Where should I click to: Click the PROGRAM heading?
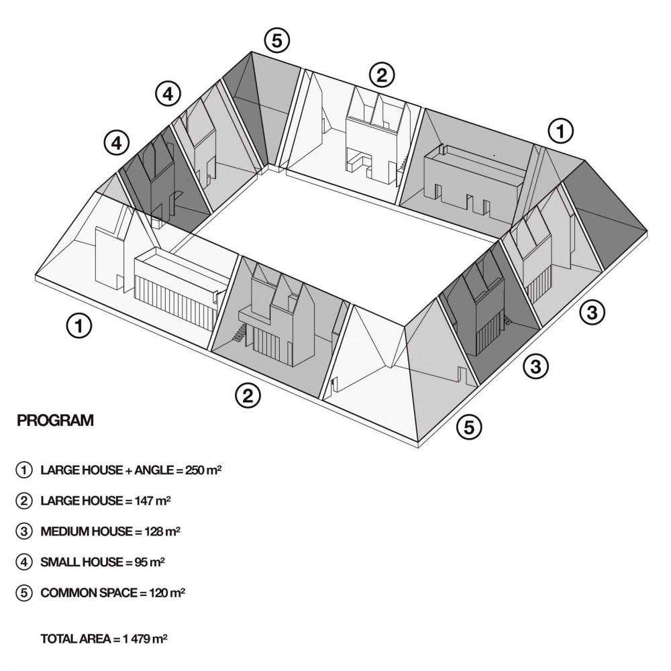click(55, 421)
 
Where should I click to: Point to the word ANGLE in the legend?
click(154, 470)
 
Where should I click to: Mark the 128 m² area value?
click(162, 531)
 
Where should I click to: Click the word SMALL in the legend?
click(59, 562)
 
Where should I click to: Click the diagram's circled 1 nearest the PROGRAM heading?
click(79, 327)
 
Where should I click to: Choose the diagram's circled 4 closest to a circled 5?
click(168, 95)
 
